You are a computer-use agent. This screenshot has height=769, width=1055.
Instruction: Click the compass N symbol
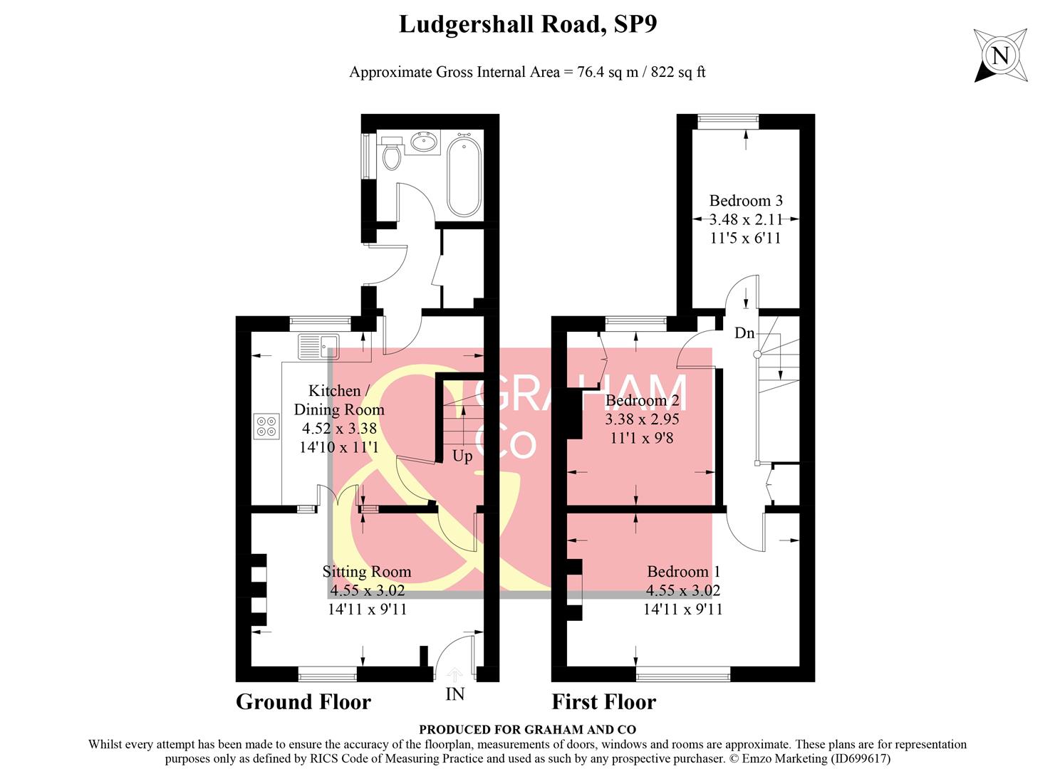(1001, 55)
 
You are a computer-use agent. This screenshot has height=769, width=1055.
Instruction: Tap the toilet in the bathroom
(390, 155)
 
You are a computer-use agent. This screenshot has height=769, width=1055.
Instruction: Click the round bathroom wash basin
(425, 143)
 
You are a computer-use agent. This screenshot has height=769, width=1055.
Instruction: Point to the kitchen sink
(320, 347)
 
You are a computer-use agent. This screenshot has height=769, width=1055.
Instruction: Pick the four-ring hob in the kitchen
(267, 426)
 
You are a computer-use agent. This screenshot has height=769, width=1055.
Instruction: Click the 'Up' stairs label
(462, 456)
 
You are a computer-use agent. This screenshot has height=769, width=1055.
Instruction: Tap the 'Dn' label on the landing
(744, 333)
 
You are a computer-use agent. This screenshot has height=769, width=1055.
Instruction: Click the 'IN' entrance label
(454, 694)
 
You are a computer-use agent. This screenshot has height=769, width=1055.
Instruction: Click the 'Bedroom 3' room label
(746, 201)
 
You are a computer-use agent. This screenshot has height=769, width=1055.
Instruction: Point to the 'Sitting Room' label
(367, 571)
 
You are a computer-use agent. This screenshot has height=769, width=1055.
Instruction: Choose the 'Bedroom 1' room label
(683, 571)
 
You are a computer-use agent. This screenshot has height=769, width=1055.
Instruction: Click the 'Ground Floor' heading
(303, 702)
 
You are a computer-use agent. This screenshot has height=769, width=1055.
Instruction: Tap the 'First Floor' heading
(603, 702)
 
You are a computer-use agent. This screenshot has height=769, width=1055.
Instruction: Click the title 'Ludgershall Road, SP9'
(527, 24)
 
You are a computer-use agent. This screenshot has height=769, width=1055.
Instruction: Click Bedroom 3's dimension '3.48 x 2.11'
(746, 219)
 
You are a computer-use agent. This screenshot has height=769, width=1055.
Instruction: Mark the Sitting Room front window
(327, 674)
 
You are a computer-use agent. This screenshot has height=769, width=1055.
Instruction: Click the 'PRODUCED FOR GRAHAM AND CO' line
(527, 729)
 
